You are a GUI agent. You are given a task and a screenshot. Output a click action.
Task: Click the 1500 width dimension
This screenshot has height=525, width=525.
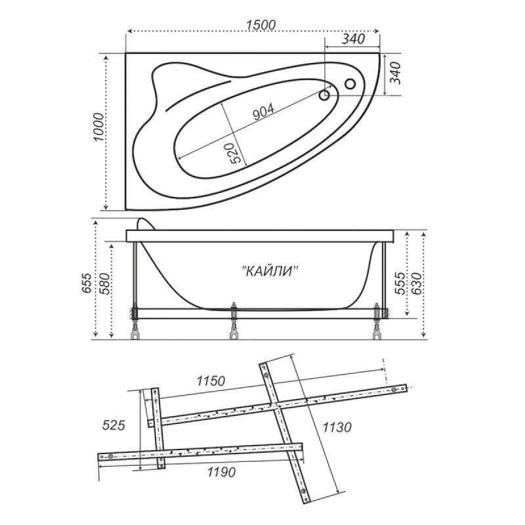click(x=261, y=25)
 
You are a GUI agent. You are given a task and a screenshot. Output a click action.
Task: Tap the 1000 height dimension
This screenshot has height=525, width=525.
click(x=98, y=127)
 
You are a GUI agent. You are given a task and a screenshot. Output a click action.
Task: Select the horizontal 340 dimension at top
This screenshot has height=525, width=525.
click(x=353, y=39)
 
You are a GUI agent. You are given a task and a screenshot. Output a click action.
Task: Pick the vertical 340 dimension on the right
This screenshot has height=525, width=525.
click(x=395, y=73)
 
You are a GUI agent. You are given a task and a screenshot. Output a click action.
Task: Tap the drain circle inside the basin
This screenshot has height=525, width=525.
click(x=324, y=95)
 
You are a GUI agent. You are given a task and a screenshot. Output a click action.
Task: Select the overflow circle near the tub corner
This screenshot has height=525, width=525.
click(x=350, y=83)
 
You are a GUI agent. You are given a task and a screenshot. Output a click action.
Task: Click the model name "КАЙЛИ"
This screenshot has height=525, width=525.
click(x=270, y=271)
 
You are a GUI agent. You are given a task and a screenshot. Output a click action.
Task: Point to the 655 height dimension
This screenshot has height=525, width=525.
click(x=87, y=283)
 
